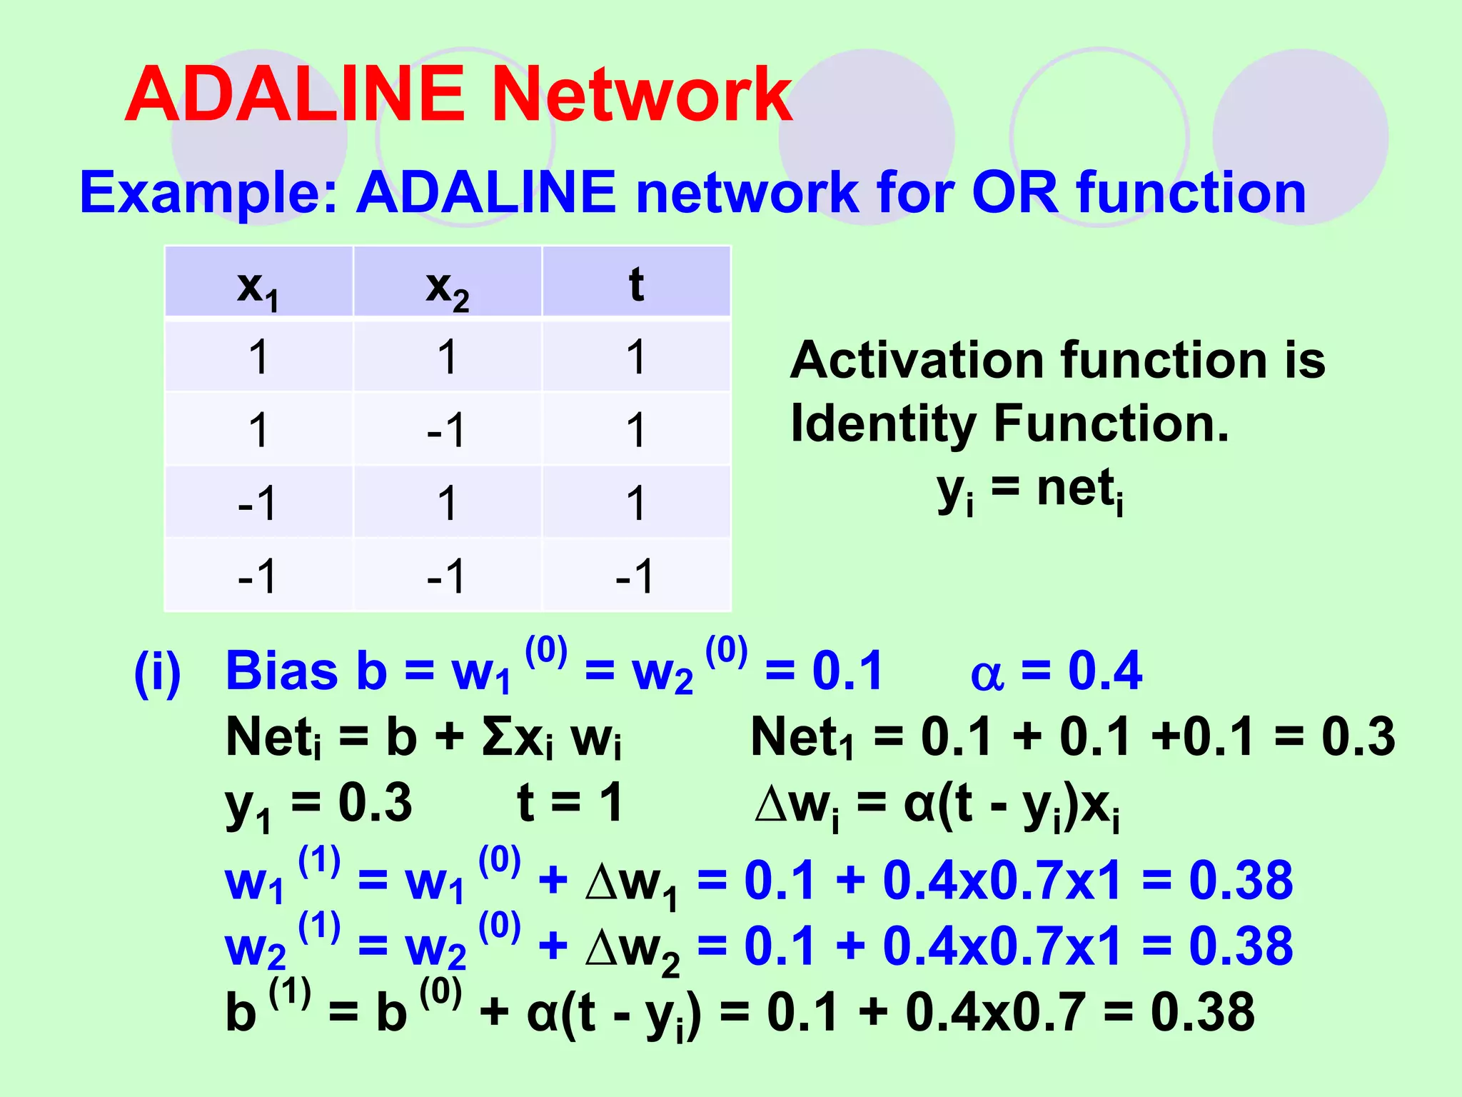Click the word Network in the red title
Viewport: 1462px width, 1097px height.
point(641,95)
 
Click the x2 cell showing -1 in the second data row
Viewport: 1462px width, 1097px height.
point(446,430)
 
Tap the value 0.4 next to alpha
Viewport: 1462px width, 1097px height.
point(1104,671)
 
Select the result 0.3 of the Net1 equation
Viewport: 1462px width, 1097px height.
point(1358,736)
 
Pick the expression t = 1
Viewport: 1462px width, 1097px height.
point(569,803)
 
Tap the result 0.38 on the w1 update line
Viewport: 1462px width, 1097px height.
point(1240,880)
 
